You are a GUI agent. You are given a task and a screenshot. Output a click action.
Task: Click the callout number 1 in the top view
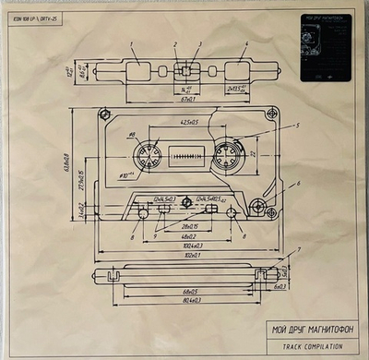(x=131, y=43)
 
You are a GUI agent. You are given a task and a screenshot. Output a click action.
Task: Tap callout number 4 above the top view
(x=246, y=43)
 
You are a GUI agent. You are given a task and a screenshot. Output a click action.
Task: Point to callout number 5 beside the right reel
(x=297, y=125)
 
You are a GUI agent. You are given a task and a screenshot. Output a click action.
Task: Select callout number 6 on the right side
(x=297, y=183)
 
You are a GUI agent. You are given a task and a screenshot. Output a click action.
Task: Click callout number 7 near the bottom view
(x=297, y=250)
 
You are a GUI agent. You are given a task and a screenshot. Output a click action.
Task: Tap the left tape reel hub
(x=152, y=152)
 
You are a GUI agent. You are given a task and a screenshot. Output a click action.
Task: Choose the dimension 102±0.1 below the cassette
(x=192, y=255)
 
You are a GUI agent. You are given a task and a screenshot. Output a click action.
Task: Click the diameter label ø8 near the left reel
(x=132, y=135)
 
